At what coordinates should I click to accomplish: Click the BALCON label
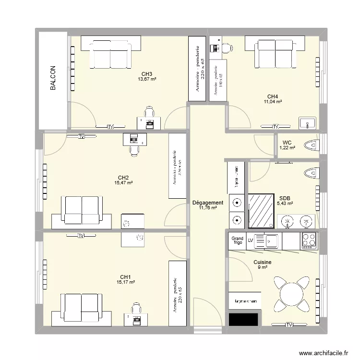(x=53, y=79)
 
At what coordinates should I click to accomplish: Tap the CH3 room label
(x=147, y=73)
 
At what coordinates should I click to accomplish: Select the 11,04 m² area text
(x=273, y=102)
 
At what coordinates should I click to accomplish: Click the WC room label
(x=287, y=143)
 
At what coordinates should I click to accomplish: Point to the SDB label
(x=284, y=198)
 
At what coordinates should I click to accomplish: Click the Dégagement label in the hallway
(x=207, y=203)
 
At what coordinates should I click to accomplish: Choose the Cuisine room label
(x=263, y=263)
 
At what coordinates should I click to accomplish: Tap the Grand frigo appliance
(x=238, y=240)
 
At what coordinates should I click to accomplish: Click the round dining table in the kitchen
(x=291, y=293)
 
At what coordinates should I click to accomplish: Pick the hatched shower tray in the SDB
(x=262, y=211)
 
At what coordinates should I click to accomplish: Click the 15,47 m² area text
(x=123, y=182)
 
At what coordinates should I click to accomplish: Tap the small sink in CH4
(x=307, y=123)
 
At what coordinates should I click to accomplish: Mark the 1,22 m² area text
(x=287, y=148)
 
